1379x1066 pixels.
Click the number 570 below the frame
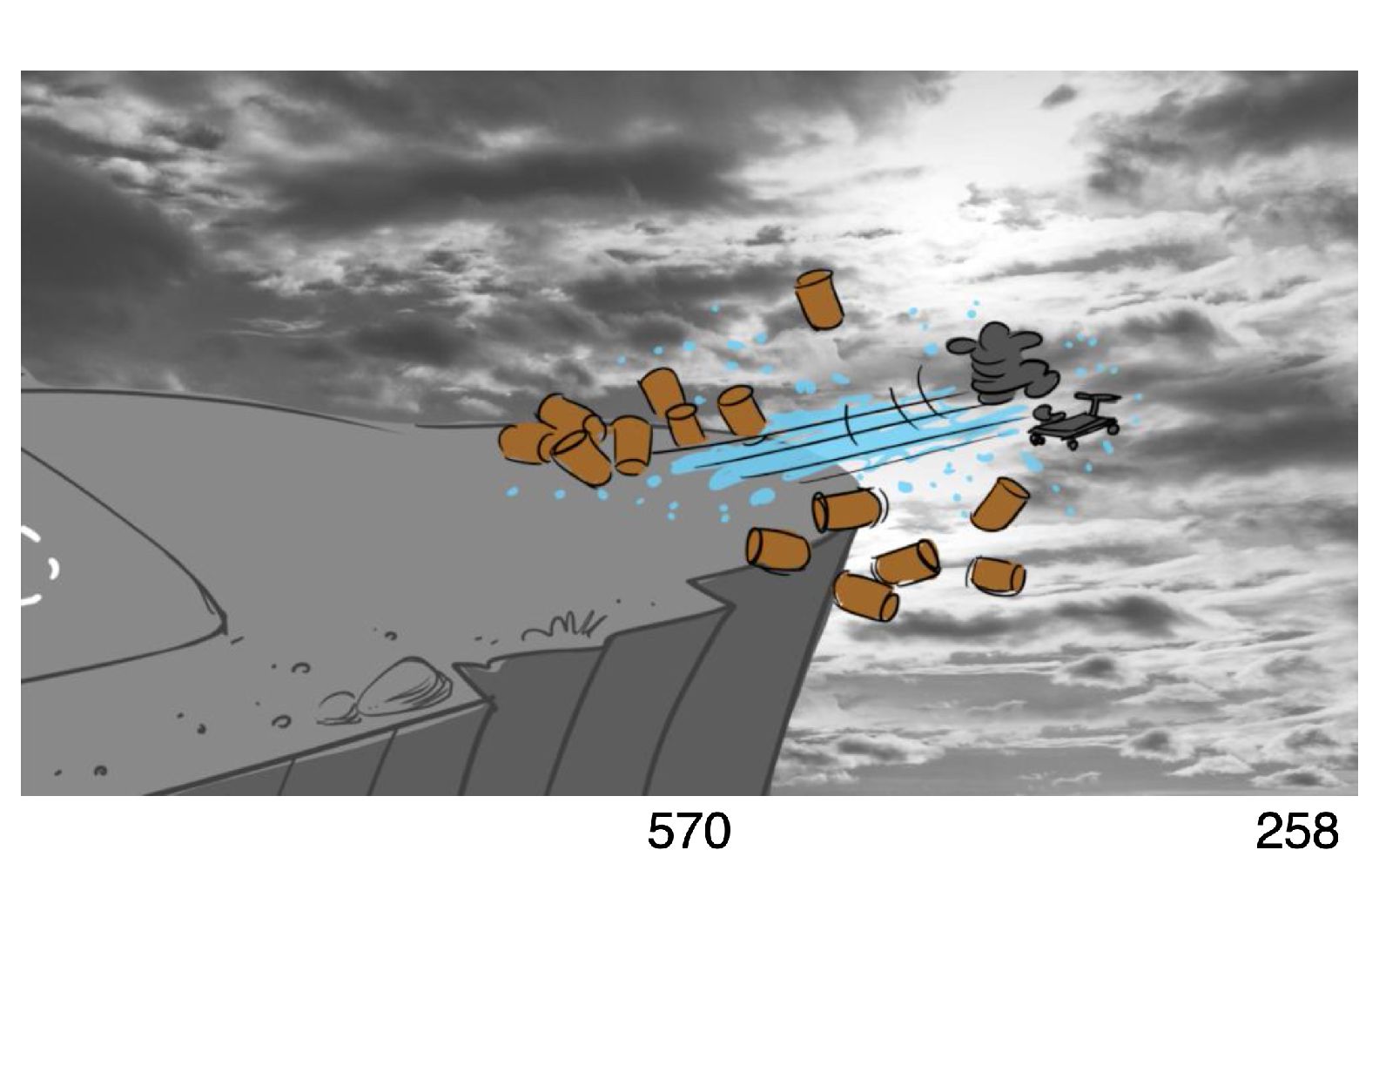tap(689, 831)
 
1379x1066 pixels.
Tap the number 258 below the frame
tap(1296, 831)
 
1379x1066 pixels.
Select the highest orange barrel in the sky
tap(818, 300)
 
